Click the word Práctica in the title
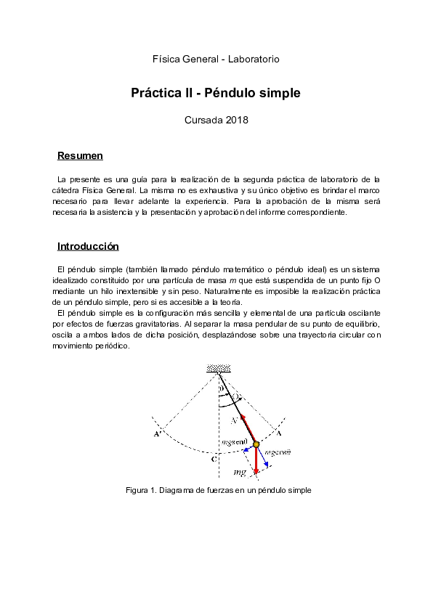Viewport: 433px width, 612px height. pyautogui.click(x=155, y=94)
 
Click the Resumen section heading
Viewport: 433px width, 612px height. pyautogui.click(x=80, y=156)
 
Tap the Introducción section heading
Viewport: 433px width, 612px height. pyautogui.click(x=88, y=246)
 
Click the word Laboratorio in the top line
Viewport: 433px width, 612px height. pyautogui.click(x=254, y=59)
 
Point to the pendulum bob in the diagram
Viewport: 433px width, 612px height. pyautogui.click(x=256, y=444)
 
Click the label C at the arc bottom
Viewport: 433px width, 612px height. pyautogui.click(x=213, y=459)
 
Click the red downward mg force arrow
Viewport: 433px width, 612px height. pyautogui.click(x=256, y=462)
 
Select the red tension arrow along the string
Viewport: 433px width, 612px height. pyautogui.click(x=247, y=428)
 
